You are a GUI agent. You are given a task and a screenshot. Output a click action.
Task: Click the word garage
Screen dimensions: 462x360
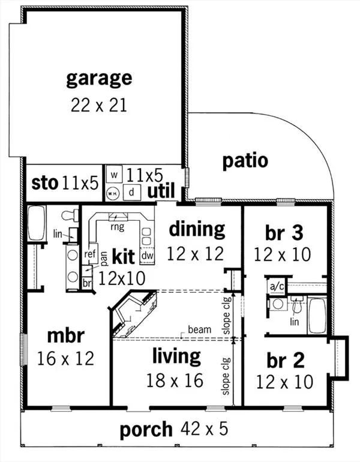98,79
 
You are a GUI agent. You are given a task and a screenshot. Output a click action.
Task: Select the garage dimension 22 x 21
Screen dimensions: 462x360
98,105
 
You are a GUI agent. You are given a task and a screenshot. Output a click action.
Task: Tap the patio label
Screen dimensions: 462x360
245,161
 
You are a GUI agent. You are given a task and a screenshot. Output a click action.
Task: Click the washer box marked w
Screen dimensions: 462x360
115,175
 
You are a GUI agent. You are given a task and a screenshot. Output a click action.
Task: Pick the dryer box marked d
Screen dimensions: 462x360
131,192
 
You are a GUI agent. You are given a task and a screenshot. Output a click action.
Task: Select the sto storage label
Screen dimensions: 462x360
44,183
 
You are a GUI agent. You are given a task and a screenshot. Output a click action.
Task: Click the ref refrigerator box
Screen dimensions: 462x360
90,254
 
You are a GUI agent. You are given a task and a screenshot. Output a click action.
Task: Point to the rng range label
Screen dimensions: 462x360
117,227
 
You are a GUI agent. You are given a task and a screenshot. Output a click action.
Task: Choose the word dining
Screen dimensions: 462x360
196,229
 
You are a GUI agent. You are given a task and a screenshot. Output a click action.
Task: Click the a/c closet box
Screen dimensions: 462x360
277,286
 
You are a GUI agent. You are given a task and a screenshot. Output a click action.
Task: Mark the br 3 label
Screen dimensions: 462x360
282,232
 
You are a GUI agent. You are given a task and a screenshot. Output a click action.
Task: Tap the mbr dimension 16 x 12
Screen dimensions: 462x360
65,359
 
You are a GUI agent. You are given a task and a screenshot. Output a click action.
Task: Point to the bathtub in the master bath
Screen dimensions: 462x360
37,224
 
